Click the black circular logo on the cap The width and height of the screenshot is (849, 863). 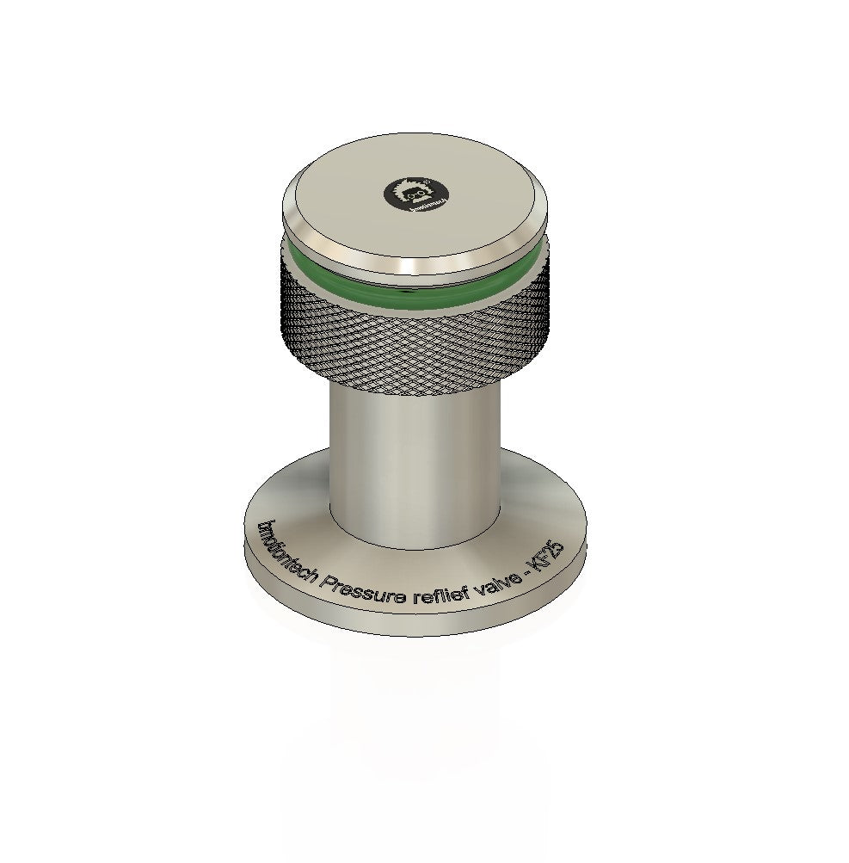(x=415, y=194)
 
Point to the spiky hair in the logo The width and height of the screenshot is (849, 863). (x=415, y=184)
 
